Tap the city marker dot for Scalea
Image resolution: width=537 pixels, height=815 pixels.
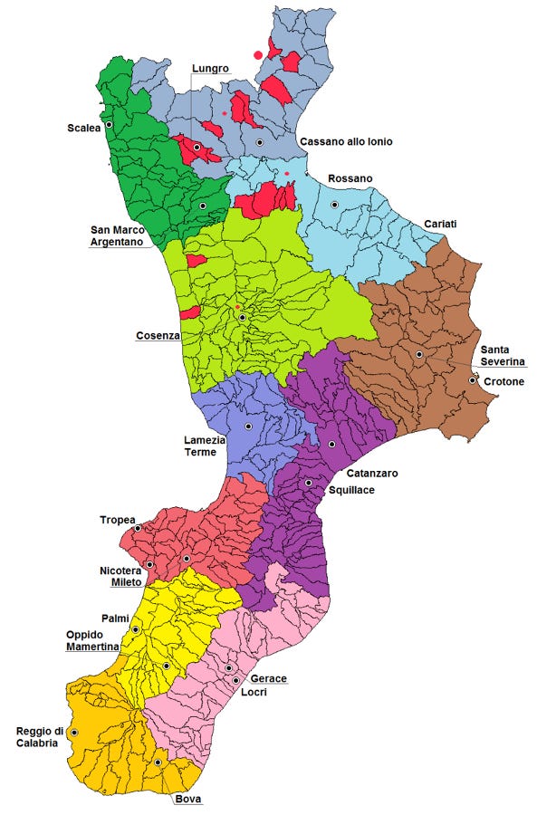pos(109,125)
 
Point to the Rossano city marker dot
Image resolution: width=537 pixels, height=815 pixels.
pos(334,205)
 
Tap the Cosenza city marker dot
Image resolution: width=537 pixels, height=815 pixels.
pos(243,318)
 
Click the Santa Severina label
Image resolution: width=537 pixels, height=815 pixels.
pos(503,356)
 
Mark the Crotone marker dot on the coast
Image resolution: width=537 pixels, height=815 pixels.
pos(472,380)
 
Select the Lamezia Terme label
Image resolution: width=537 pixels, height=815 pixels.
pos(203,446)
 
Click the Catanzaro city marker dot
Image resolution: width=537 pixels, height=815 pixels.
pos(332,444)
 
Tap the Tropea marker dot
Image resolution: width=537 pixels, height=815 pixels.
pos(138,528)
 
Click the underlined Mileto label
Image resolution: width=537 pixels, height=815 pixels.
pos(126,582)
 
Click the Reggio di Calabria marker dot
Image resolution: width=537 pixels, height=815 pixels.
pos(74,732)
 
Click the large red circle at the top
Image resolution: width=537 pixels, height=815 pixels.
pos(258,55)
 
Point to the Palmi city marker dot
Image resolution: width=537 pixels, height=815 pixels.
pos(136,628)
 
